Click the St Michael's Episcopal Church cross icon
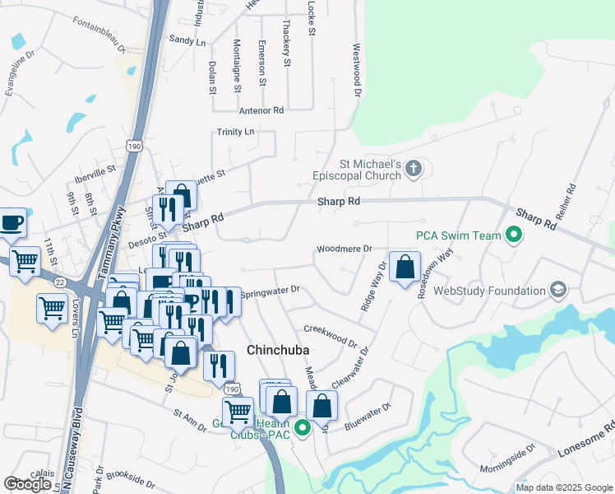pyautogui.click(x=414, y=170)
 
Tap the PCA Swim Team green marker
pyautogui.click(x=515, y=235)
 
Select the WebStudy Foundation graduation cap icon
pyautogui.click(x=558, y=290)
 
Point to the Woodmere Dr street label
pyautogui.click(x=344, y=248)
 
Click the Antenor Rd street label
pyautogui.click(x=261, y=110)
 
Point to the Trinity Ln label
pyautogui.click(x=236, y=132)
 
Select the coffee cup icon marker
pyautogui.click(x=12, y=222)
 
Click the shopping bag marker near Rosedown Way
pyautogui.click(x=405, y=268)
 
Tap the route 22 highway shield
pyautogui.click(x=60, y=282)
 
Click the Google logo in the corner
pyautogui.click(x=27, y=484)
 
